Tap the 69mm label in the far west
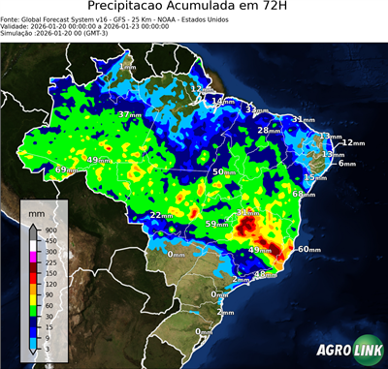click(x=65, y=170)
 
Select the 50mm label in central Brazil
click(x=223, y=171)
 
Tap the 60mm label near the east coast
click(x=308, y=249)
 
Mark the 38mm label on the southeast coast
click(x=264, y=274)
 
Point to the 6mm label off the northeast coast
click(x=347, y=164)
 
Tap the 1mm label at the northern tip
click(x=127, y=68)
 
